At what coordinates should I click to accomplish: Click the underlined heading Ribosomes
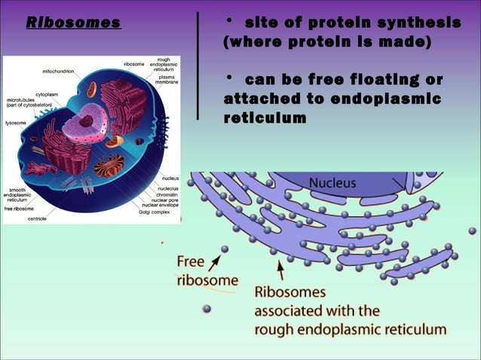point(73,23)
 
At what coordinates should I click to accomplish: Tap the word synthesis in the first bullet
point(414,23)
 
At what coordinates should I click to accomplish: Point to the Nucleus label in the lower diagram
point(332,183)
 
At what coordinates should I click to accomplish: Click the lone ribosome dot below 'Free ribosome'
point(207,309)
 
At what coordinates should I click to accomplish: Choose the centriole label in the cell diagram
point(37,218)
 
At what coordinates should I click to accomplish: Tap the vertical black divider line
point(198,66)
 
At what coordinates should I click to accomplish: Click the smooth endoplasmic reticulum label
point(19,196)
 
